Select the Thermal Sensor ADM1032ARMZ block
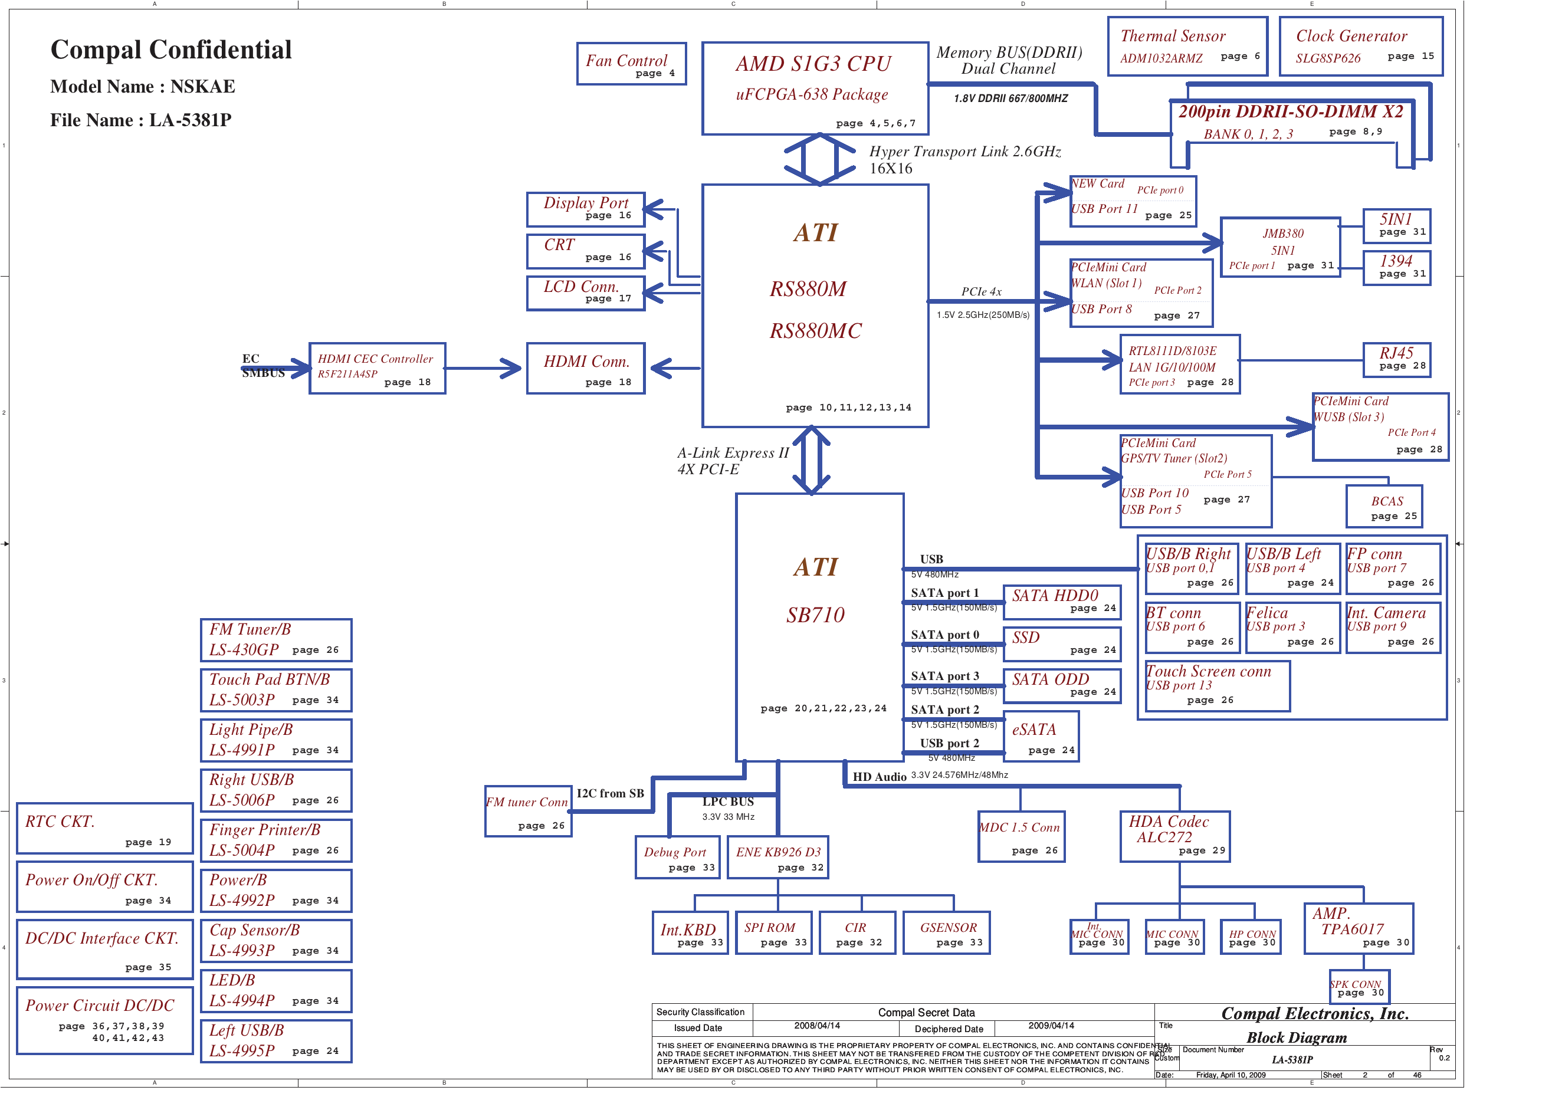pos(1187,46)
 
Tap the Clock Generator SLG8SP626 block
pos(1361,46)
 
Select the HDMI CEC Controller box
pos(377,369)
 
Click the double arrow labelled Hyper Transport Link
pos(820,159)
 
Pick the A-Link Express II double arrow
pos(811,460)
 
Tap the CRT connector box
pos(585,251)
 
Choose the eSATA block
pos(1041,737)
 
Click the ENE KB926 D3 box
pos(777,858)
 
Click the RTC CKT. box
pos(105,829)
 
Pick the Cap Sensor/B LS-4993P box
pos(276,940)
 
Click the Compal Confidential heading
pos(171,50)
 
